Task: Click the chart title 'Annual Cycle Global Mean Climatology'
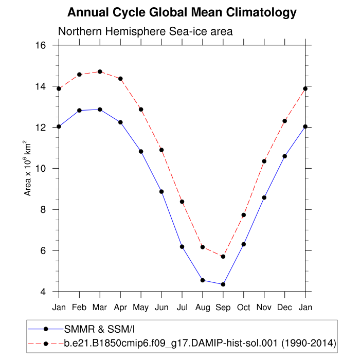coord(182,12)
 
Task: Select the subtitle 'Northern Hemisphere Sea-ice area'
coord(146,31)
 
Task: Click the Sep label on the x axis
coord(223,308)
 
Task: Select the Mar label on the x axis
coord(100,308)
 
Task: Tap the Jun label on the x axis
coord(161,308)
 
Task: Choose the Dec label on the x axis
coord(285,308)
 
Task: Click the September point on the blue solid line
coord(223,284)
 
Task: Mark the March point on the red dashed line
coord(100,71)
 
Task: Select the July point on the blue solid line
coord(182,247)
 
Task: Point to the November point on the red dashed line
coord(264,161)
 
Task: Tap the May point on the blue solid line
coord(141,151)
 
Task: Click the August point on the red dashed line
coord(203,247)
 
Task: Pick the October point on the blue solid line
coord(244,244)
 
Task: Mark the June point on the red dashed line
coord(161,150)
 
